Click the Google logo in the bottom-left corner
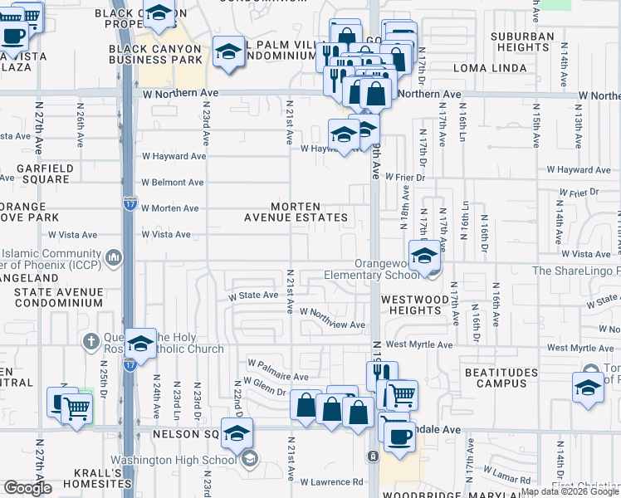point(27,488)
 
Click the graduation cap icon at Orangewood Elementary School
point(424,256)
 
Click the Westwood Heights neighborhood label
point(410,304)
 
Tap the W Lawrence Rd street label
point(332,481)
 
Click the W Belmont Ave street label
point(172,183)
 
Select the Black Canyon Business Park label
point(155,56)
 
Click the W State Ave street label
point(254,295)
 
